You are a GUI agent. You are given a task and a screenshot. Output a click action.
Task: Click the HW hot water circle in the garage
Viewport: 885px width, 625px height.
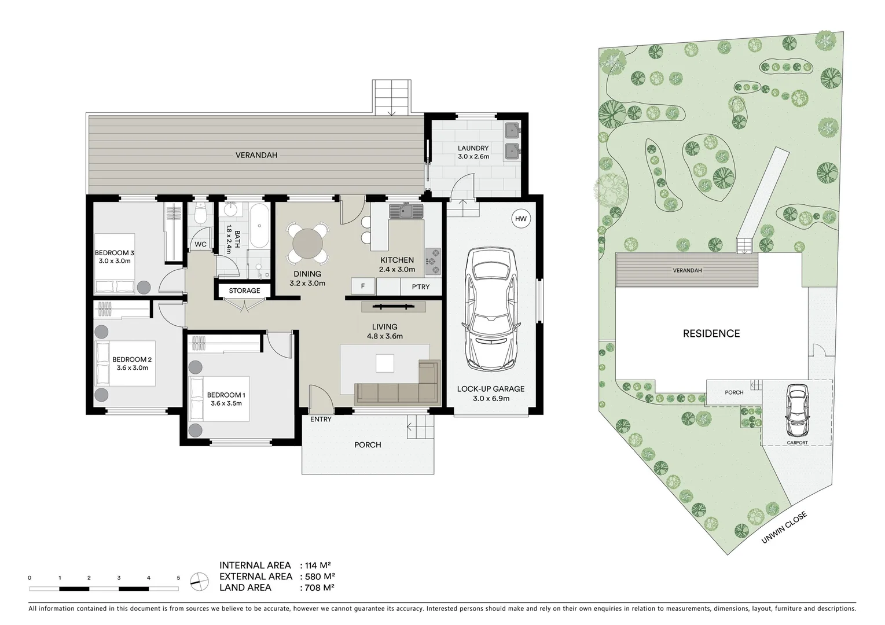[x=521, y=219]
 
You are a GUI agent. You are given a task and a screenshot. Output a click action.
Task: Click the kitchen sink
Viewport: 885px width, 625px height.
[x=406, y=211]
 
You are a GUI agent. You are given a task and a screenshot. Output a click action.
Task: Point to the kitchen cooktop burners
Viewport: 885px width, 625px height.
[x=433, y=261]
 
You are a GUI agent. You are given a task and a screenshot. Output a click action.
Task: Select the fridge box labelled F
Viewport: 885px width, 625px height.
[x=363, y=286]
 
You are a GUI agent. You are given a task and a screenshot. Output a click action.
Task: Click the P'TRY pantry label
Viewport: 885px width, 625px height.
[x=421, y=286]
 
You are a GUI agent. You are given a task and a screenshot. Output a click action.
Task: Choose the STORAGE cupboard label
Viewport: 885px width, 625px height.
[x=244, y=291]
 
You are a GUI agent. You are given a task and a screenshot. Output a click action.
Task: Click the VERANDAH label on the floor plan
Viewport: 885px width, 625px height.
[x=256, y=155]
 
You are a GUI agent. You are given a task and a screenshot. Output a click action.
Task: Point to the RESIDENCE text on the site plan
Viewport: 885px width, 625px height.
[x=711, y=333]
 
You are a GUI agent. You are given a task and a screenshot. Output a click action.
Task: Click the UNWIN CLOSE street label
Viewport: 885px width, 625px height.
[x=784, y=528]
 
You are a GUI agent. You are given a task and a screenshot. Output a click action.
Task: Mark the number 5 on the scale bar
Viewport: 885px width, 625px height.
[x=178, y=578]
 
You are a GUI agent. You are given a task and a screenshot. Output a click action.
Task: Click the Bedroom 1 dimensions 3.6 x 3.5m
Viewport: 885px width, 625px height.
[x=226, y=403]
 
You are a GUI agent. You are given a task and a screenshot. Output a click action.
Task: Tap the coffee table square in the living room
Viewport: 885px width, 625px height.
[x=385, y=363]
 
